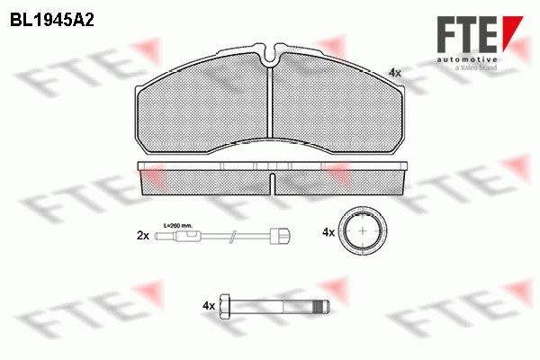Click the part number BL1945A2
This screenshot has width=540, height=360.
(x=53, y=17)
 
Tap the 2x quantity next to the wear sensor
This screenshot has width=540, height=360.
(x=141, y=235)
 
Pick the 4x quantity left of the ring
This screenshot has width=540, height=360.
(x=328, y=232)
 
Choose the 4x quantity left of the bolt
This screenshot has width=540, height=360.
(x=209, y=306)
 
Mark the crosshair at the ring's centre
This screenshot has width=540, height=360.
(x=363, y=231)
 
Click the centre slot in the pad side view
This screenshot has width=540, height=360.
(x=271, y=183)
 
